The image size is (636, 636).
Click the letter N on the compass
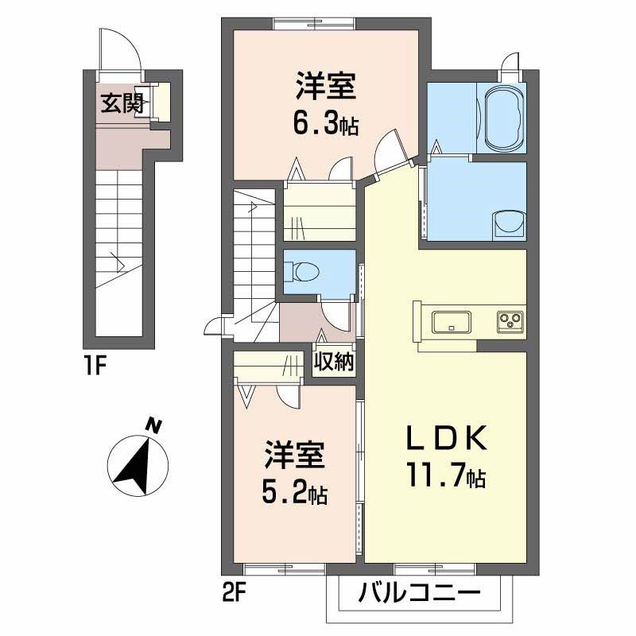(x=154, y=427)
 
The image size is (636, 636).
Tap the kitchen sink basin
(x=451, y=322)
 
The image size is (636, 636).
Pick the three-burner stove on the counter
(x=510, y=321)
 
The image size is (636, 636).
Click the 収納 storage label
(x=333, y=363)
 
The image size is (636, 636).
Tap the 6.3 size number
(x=316, y=123)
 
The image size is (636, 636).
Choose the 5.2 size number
(x=285, y=493)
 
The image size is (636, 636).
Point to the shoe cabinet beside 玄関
(x=162, y=101)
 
